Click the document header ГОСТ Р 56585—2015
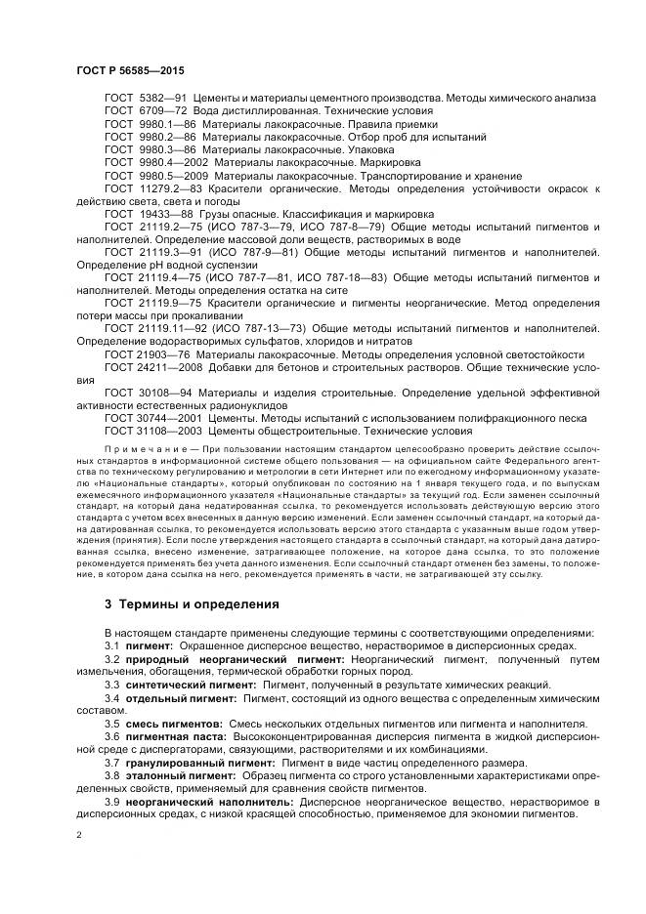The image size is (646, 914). [129, 72]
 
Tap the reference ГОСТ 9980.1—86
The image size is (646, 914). [151, 125]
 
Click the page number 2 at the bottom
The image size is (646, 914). [78, 837]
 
